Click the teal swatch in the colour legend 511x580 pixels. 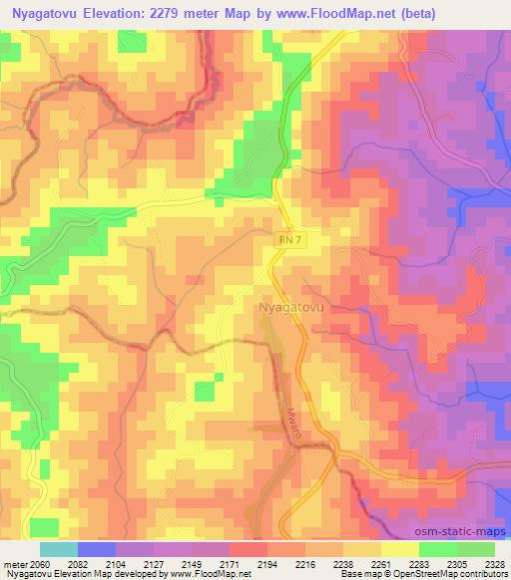pyautogui.click(x=59, y=549)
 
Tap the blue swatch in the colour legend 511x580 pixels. pyautogui.click(x=97, y=549)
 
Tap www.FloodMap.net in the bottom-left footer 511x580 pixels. pyautogui.click(x=202, y=575)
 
